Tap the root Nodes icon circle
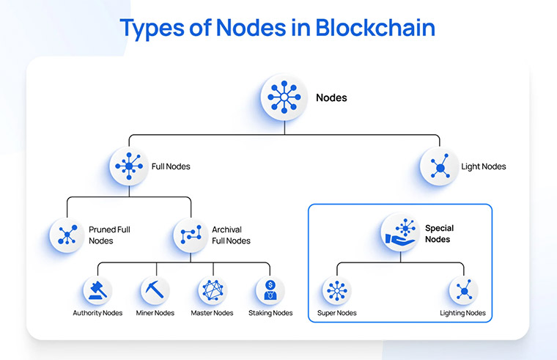point(284,98)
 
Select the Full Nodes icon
point(129,166)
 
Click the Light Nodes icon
point(439,166)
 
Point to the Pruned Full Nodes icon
point(67,235)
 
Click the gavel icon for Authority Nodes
point(97,291)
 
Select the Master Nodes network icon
point(213,291)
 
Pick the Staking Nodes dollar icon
point(270,291)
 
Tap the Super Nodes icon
point(336,291)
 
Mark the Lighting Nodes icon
point(463,291)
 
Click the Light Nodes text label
point(484,166)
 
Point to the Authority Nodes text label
point(97,313)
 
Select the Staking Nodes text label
point(270,313)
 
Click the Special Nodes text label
point(440,234)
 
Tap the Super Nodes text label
point(336,313)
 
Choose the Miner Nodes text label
point(155,313)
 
